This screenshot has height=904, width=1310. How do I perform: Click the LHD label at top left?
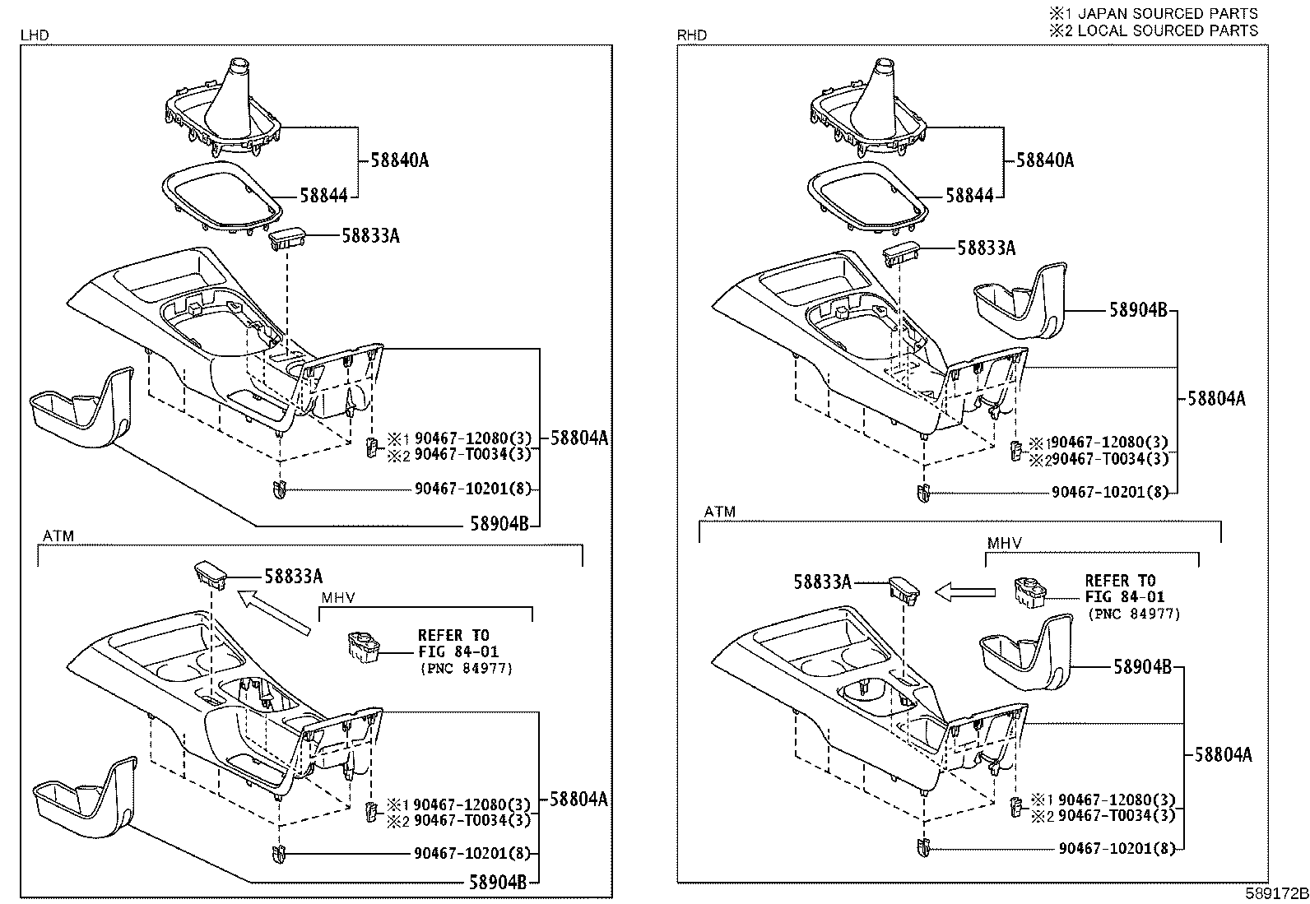click(x=34, y=35)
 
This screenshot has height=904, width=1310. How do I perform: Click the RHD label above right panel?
click(x=691, y=35)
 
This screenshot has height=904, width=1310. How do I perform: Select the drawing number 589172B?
click(x=1275, y=893)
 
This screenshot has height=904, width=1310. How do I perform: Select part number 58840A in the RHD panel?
click(x=1045, y=160)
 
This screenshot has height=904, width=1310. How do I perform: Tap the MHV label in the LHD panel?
click(x=337, y=597)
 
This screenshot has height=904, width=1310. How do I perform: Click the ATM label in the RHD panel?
click(x=719, y=512)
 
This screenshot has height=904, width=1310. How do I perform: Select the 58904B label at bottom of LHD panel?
click(x=498, y=883)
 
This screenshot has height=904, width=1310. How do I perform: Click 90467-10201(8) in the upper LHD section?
click(x=473, y=489)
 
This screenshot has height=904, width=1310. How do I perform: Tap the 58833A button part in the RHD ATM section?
click(x=903, y=589)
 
